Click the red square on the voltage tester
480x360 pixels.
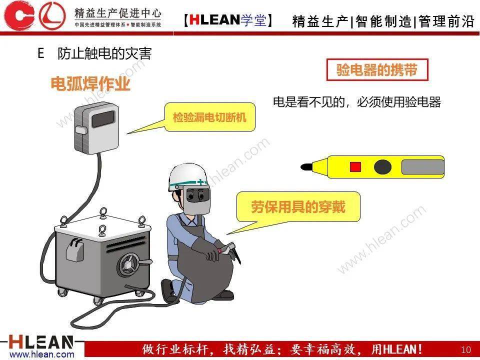click(x=355, y=166)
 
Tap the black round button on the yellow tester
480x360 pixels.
click(x=382, y=166)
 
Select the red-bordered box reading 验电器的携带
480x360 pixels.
click(x=377, y=70)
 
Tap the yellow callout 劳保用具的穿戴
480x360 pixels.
click(x=298, y=206)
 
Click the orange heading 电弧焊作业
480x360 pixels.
click(x=90, y=84)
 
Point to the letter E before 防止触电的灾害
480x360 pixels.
click(x=41, y=53)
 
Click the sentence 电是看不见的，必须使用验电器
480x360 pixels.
click(x=356, y=102)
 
